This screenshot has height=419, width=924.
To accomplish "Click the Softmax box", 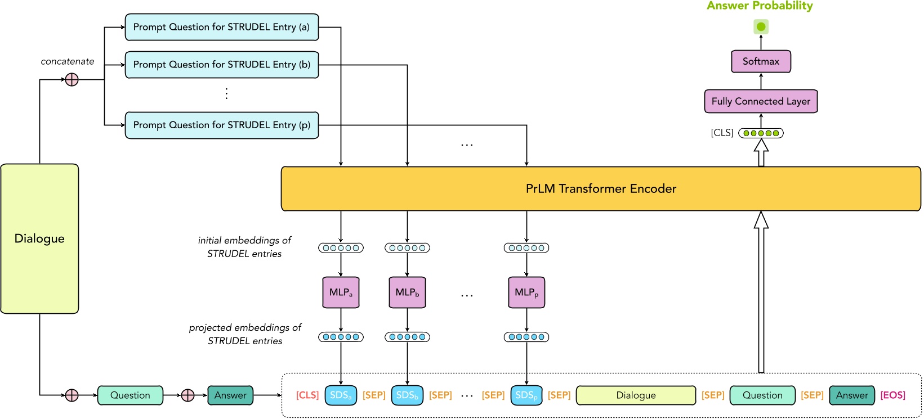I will click(x=761, y=61).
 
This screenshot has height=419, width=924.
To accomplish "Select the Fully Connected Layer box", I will click(x=761, y=101).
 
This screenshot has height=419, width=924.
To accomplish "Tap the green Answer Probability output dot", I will click(x=761, y=26).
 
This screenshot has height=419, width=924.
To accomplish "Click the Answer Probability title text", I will click(x=760, y=6).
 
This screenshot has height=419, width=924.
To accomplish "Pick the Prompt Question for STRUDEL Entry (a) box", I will click(x=221, y=27).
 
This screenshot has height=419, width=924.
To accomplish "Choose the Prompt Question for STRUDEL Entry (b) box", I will click(x=221, y=65).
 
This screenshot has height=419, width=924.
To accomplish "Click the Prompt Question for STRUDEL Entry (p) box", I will click(x=221, y=125).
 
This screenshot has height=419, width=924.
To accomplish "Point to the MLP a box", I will click(x=341, y=292).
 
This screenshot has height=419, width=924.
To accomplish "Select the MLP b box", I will click(x=407, y=292).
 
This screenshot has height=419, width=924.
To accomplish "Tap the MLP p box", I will click(x=526, y=292).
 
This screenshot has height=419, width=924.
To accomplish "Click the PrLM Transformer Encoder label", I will click(x=601, y=189).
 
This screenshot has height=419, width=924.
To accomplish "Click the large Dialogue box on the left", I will click(x=39, y=238).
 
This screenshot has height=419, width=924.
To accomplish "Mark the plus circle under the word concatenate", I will click(x=72, y=80).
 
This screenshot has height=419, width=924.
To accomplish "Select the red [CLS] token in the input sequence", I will click(x=307, y=395).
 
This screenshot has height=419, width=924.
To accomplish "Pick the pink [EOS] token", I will click(x=892, y=395).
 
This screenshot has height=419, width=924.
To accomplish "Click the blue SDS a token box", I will click(x=341, y=395).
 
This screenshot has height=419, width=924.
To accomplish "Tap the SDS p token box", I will click(x=526, y=395).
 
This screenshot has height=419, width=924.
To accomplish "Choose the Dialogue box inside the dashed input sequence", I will click(x=636, y=395).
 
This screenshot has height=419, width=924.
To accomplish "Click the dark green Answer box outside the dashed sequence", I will click(x=230, y=395).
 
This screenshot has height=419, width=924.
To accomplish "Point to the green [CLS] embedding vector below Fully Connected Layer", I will click(x=761, y=133).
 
